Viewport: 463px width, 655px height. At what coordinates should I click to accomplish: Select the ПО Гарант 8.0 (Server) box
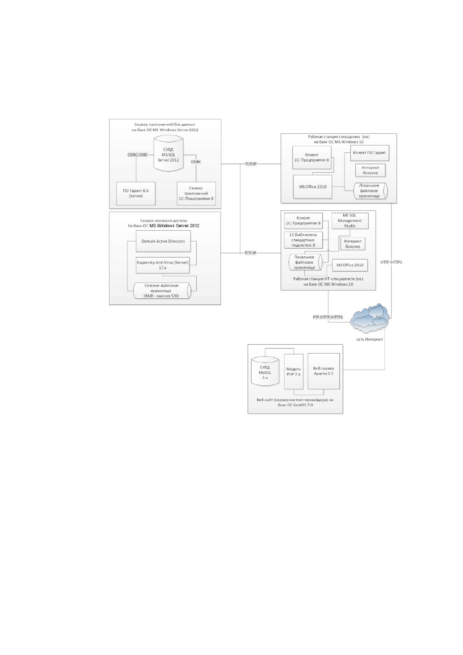coord(136,194)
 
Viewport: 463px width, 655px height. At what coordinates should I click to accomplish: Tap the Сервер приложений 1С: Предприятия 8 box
coord(196,194)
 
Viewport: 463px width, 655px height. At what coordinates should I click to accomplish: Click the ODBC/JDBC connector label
coord(138,155)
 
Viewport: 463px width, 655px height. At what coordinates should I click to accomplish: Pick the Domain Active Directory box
coord(163,241)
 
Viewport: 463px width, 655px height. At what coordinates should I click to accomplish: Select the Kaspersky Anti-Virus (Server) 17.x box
coord(162,265)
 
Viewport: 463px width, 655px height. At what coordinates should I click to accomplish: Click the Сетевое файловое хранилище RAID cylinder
coord(162,291)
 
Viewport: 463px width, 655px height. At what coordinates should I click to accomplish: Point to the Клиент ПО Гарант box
coord(369,152)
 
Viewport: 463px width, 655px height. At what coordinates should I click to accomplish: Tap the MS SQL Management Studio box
coord(350,221)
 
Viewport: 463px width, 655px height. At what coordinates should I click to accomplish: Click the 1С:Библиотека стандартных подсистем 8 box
coord(303,240)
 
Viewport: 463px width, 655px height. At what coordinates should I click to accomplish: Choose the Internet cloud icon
coord(370,318)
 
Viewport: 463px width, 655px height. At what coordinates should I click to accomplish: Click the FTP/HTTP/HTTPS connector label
coord(328,317)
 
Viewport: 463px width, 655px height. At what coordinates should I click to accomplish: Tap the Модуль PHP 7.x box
coord(294,371)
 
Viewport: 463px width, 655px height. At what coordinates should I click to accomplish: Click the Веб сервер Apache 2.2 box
coord(323,371)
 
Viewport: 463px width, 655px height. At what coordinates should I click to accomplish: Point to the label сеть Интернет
coord(369,340)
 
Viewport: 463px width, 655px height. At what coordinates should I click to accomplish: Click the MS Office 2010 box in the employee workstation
coord(313,187)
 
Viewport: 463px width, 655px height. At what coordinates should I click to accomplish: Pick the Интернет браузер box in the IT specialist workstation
coord(353,244)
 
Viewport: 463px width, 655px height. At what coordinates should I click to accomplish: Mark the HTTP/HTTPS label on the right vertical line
coord(391,262)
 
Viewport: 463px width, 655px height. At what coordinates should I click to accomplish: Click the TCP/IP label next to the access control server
coord(250,253)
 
